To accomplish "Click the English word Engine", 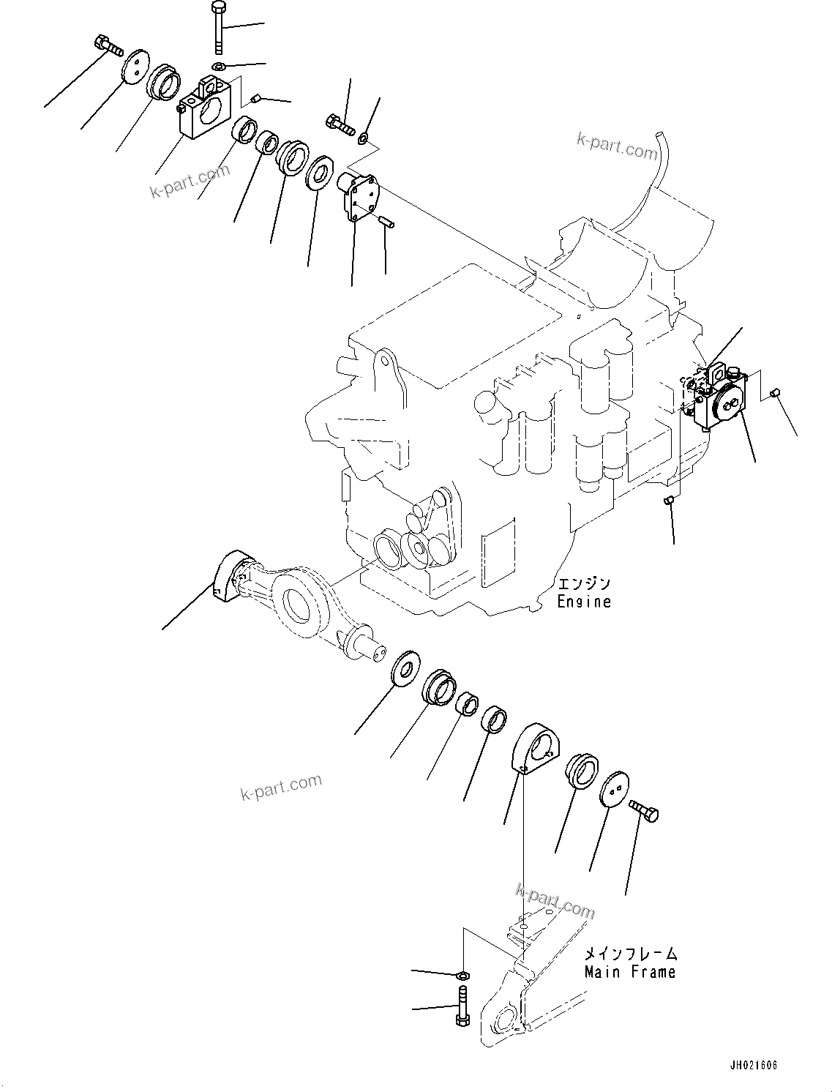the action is click(584, 602).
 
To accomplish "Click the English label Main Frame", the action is click(630, 972).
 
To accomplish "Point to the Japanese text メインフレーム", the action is click(631, 954).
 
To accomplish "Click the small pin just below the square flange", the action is click(387, 221).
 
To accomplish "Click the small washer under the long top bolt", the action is click(218, 66).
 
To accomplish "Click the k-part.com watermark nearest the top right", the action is click(617, 146).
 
